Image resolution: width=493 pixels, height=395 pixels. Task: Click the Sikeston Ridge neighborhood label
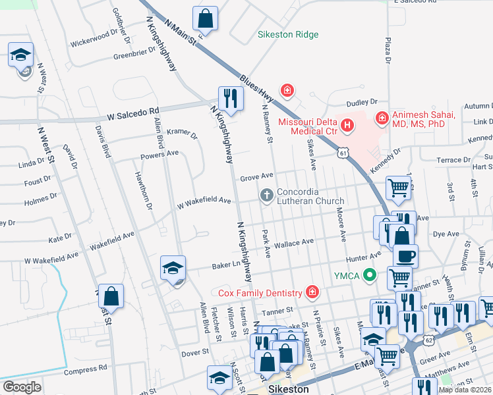[287, 34]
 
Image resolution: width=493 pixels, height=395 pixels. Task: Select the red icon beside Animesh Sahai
[381, 118]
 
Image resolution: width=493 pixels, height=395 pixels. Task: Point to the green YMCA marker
[370, 275]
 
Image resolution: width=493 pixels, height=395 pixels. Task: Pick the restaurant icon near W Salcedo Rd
[231, 99]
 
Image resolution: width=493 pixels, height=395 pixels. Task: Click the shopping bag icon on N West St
[111, 298]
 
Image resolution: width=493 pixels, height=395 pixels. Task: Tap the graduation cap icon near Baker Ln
[173, 268]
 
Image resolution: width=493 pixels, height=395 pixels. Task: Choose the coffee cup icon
[405, 255]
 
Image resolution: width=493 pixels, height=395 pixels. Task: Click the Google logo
[22, 387]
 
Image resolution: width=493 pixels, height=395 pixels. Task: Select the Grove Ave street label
[256, 176]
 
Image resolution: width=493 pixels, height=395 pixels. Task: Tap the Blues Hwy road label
[257, 85]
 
